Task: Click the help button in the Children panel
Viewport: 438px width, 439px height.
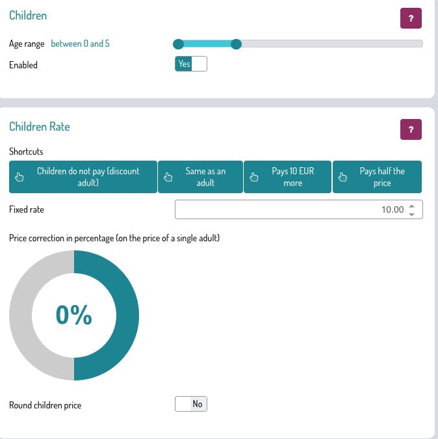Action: pyautogui.click(x=411, y=18)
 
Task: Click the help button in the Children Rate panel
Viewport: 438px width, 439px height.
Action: pyautogui.click(x=411, y=129)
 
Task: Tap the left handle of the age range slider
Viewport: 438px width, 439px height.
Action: pyautogui.click(x=178, y=44)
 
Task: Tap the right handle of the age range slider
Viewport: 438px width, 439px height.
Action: pyautogui.click(x=237, y=44)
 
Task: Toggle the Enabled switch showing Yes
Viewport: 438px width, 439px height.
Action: pyautogui.click(x=191, y=64)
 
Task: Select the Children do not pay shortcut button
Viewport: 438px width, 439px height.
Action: pyautogui.click(x=83, y=177)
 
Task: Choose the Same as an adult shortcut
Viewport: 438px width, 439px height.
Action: pyautogui.click(x=201, y=177)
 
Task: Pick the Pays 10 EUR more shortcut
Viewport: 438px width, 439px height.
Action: pyautogui.click(x=287, y=177)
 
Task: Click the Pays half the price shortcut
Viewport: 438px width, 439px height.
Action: pyautogui.click(x=377, y=177)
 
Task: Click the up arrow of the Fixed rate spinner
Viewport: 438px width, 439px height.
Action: pyautogui.click(x=411, y=206)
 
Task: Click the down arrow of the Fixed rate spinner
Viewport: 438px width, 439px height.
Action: pyautogui.click(x=411, y=214)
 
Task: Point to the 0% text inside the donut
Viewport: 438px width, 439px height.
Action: pyautogui.click(x=74, y=315)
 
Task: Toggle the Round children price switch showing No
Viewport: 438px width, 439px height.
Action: pyautogui.click(x=191, y=404)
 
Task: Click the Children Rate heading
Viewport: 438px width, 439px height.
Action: pyautogui.click(x=40, y=127)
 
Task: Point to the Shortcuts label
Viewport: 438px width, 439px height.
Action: pyautogui.click(x=26, y=152)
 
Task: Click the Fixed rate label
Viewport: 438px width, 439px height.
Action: pyautogui.click(x=27, y=210)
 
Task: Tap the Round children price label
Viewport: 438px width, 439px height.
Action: pyautogui.click(x=45, y=405)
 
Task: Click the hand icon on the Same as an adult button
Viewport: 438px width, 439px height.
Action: pyautogui.click(x=168, y=178)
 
